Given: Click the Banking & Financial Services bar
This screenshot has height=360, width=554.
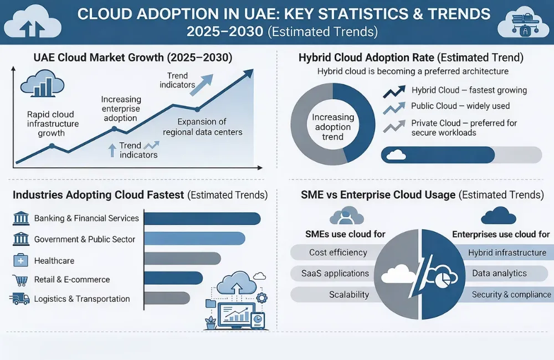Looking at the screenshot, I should (x=202, y=218).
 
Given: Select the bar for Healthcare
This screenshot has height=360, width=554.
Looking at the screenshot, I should (x=182, y=259).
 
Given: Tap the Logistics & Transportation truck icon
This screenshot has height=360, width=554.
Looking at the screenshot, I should (x=20, y=299).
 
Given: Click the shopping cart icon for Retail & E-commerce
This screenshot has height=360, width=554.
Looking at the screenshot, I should (x=20, y=279).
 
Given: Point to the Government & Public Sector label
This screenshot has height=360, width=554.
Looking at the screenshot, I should (x=85, y=239).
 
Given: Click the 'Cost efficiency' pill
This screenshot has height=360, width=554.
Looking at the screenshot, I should (x=338, y=253).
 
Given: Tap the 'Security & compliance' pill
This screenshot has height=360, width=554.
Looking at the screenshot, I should (x=510, y=295).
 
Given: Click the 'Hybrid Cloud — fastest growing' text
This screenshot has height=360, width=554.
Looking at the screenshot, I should (x=469, y=90).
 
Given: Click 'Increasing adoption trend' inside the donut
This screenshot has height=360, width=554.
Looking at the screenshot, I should (x=332, y=127).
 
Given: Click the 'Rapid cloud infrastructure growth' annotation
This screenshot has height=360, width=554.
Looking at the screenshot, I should (x=53, y=124).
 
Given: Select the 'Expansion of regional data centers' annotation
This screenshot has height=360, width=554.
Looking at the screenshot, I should (x=202, y=127).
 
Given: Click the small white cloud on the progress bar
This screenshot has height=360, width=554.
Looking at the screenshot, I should (x=396, y=155).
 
